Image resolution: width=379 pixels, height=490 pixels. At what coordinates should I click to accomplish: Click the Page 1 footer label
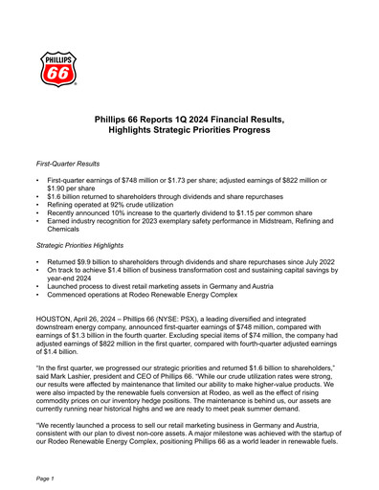44,476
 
